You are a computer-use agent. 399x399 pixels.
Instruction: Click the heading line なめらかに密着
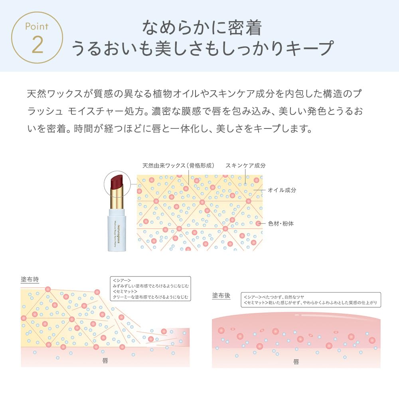tap(202, 28)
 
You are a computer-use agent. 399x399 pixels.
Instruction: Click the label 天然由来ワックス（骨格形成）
tap(178, 166)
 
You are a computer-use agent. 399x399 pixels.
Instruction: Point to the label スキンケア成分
tap(245, 166)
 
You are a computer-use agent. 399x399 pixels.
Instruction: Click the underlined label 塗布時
tap(30, 279)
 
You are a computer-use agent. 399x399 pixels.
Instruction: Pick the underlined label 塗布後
tap(221, 296)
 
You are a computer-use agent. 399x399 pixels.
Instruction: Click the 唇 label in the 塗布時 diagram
tap(105, 360)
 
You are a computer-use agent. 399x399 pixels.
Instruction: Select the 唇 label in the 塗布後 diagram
tap(296, 362)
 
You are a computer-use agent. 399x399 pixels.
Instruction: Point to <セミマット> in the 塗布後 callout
tap(256, 303)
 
